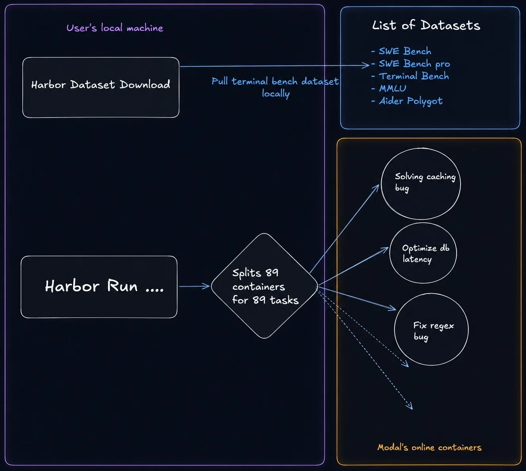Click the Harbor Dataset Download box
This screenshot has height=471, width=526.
pyautogui.click(x=101, y=87)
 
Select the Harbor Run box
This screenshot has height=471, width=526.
pyautogui.click(x=99, y=287)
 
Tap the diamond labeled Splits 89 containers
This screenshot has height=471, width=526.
pyautogui.click(x=264, y=286)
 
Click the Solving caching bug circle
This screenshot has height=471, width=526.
pyautogui.click(x=420, y=184)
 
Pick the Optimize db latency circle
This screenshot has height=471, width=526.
pyautogui.click(x=423, y=253)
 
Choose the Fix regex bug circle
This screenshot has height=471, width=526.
pyautogui.click(x=431, y=329)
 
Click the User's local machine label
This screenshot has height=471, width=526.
pyautogui.click(x=115, y=28)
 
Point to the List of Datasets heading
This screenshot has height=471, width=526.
pyautogui.click(x=426, y=25)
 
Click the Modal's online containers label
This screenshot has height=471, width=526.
pyautogui.click(x=430, y=447)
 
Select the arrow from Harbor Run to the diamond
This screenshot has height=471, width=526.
pyautogui.click(x=194, y=286)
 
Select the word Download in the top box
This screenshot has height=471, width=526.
pyautogui.click(x=145, y=85)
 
